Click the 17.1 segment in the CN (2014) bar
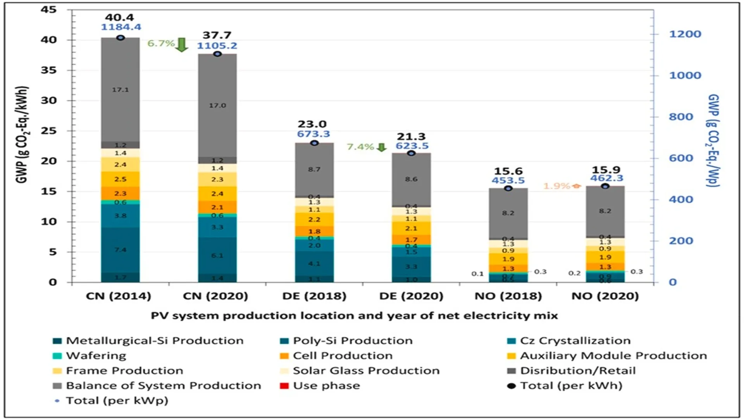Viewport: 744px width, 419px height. point(120,90)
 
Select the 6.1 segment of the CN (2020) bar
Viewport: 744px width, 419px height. point(217,255)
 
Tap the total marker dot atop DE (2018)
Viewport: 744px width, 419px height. point(314,143)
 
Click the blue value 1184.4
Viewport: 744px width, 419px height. point(121,27)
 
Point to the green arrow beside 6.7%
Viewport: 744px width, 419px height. point(181,45)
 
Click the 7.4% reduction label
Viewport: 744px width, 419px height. point(360,147)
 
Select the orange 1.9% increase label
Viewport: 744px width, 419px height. point(556,186)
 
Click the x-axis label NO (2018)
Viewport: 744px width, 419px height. point(508,296)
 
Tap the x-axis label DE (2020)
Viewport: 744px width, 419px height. point(411,296)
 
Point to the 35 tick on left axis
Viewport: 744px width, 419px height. point(49,70)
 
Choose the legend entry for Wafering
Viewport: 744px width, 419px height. point(96,356)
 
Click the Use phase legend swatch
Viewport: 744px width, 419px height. point(284,386)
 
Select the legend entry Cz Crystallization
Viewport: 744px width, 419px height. point(575,341)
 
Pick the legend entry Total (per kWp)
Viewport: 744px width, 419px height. point(117,400)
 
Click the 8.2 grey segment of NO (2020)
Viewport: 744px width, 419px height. point(605,211)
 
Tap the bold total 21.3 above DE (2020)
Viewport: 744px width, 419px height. point(411,137)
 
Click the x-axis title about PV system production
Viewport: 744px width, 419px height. point(354,316)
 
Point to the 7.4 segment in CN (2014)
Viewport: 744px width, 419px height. point(120,250)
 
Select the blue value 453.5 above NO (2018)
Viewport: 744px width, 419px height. point(508,180)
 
